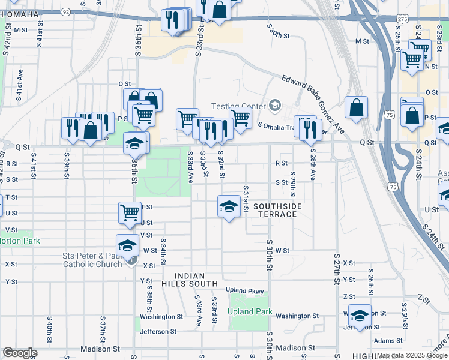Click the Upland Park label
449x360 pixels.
[250, 312]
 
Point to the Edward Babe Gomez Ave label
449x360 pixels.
[313, 102]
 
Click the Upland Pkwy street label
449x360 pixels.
[245, 291]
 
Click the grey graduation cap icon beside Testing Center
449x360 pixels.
[275, 106]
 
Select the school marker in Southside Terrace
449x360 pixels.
[228, 207]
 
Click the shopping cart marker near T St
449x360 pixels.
[130, 212]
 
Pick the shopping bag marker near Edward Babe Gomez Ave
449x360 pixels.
[356, 108]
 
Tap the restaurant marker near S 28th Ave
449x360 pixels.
[310, 128]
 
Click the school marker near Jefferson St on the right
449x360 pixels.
[359, 316]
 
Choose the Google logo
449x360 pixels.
[20, 353]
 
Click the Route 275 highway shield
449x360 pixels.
[402, 20]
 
